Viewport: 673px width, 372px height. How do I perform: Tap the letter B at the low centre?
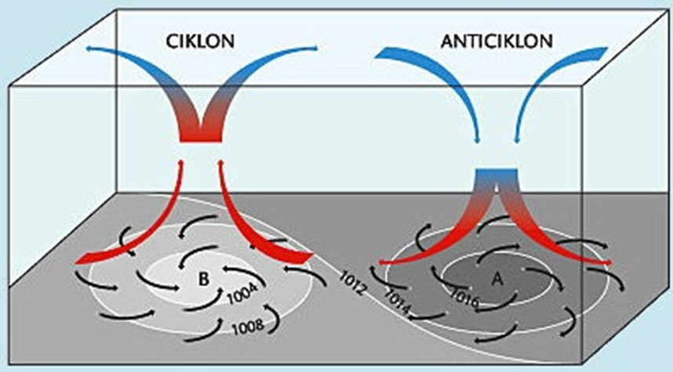[202, 277]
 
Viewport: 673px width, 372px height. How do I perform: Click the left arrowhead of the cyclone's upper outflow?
[88, 49]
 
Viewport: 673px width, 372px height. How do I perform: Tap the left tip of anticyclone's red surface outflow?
[381, 261]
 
